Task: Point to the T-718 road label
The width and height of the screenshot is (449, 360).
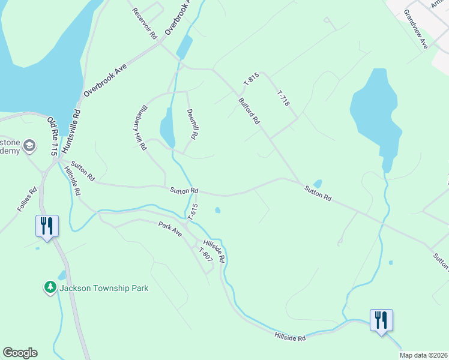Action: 283,99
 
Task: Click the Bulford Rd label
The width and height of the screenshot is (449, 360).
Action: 249,111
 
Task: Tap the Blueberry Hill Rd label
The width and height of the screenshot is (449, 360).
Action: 137,128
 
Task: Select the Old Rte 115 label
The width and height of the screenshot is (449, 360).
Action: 52,136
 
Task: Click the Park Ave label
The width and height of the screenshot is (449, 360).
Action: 170,227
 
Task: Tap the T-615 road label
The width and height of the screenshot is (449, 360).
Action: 193,211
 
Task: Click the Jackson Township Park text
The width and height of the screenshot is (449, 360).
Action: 104,288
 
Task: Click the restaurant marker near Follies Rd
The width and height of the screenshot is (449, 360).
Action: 47,226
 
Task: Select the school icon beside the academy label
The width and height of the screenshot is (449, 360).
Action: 30,146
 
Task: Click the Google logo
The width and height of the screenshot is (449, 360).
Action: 20,353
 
